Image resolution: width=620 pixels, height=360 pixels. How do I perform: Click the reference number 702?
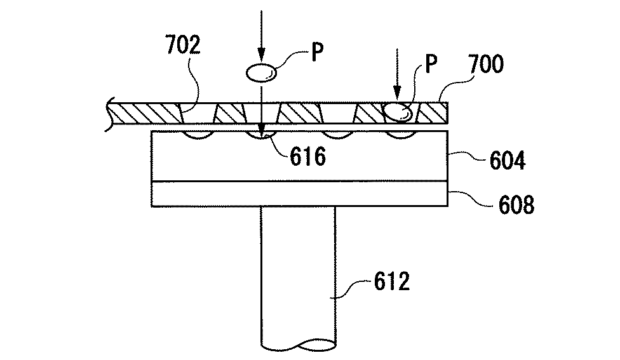tap(183, 44)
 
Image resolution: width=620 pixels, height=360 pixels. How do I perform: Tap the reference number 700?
tap(486, 64)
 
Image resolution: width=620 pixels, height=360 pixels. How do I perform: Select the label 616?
tap(308, 156)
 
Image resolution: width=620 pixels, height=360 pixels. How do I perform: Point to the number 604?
tap(508, 161)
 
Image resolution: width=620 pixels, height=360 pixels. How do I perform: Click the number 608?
tap(516, 204)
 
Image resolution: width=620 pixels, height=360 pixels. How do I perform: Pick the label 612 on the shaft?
tap(392, 282)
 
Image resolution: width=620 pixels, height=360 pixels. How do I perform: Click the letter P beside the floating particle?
tap(317, 52)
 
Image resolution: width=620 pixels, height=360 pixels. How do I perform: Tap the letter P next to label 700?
tap(431, 63)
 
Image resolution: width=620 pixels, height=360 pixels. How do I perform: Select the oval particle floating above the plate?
tap(261, 73)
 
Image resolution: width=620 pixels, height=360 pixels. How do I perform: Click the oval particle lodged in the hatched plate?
tap(398, 112)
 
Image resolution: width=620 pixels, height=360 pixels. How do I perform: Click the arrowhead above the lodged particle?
tap(397, 94)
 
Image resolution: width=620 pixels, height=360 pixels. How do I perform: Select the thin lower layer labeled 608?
tap(300, 194)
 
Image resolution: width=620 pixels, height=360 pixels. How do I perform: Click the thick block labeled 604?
tap(300, 156)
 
